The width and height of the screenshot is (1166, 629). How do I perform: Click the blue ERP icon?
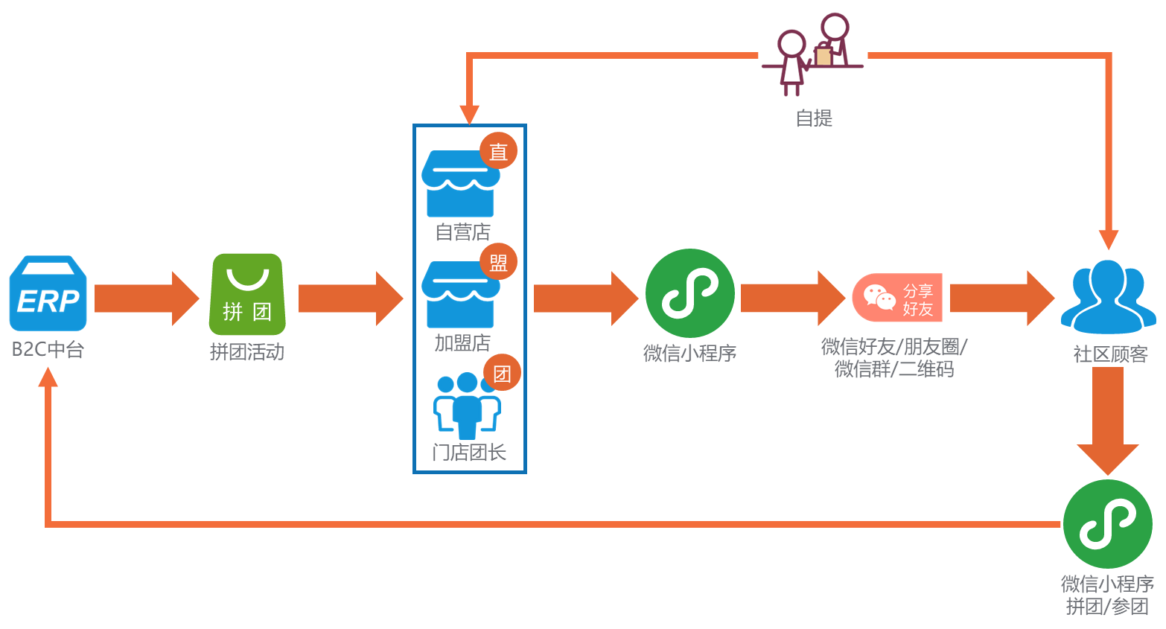click(x=48, y=294)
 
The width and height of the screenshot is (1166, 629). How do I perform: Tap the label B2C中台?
click(x=48, y=349)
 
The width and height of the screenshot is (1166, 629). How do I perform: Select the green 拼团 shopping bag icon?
click(x=246, y=294)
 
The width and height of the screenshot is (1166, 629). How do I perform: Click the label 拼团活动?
click(x=246, y=351)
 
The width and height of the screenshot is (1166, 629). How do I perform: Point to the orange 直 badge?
click(x=498, y=151)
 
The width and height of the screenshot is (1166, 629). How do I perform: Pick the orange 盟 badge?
click(x=498, y=261)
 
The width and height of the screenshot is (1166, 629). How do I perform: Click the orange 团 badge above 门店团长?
click(x=502, y=373)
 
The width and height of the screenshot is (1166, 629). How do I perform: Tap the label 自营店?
click(x=462, y=232)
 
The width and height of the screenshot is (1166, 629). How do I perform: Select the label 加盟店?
click(x=462, y=342)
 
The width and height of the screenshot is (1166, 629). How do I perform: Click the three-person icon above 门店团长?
click(x=467, y=406)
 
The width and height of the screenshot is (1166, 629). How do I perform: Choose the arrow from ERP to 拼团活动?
click(x=147, y=298)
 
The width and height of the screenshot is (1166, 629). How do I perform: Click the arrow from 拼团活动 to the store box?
click(x=350, y=298)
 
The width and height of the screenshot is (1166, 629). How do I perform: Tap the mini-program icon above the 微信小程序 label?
click(x=689, y=293)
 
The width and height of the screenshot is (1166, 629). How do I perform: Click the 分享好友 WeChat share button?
click(x=897, y=298)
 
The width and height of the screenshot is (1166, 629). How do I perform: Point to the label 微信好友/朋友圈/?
click(x=893, y=346)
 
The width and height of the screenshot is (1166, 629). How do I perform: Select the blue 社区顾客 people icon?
click(x=1108, y=296)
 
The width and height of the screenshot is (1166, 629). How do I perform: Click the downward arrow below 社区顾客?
click(x=1108, y=421)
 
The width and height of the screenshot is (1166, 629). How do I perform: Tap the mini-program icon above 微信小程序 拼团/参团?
click(x=1107, y=524)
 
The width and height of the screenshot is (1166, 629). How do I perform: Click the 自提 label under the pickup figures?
click(x=813, y=118)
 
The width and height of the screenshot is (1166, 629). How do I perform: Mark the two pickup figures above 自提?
click(x=813, y=54)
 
